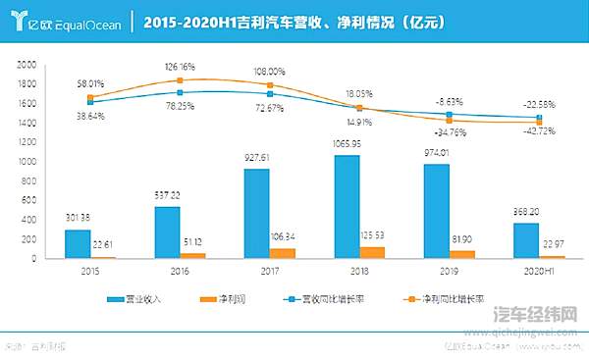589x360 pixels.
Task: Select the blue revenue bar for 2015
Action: click(77, 243)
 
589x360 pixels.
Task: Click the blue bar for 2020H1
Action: click(525, 240)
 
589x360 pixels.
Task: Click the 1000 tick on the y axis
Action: click(27, 161)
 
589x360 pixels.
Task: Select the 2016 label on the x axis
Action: click(180, 270)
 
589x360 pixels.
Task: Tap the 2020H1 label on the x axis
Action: click(536, 270)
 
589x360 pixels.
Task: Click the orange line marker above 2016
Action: click(180, 80)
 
